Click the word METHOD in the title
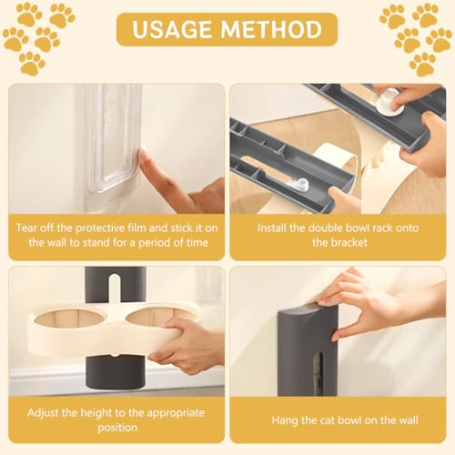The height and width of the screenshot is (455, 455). pos(271,29)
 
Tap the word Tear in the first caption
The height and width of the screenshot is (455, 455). pos(27,227)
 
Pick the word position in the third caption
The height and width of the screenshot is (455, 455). pos(117,428)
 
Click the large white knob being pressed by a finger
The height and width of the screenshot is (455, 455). pos(389,101)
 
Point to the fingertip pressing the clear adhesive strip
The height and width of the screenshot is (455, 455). pos(144,157)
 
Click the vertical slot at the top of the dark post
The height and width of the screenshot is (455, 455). pos(114,288)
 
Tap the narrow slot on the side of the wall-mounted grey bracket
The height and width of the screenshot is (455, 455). pos(317,373)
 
